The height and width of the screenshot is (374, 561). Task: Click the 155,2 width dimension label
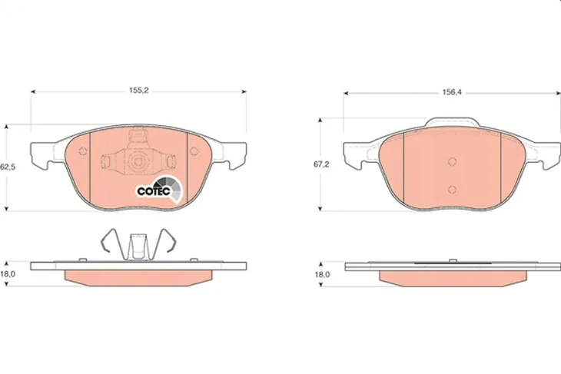click(139, 91)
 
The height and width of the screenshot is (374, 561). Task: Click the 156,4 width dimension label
click(452, 92)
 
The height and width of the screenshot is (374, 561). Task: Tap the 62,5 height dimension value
click(8, 167)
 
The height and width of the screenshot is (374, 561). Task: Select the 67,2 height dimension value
click(321, 164)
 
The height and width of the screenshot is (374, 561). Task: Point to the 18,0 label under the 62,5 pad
click(8, 274)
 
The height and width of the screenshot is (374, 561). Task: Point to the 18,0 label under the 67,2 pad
click(322, 275)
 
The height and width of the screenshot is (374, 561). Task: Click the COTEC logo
click(160, 190)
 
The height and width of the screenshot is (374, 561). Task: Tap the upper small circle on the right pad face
click(452, 161)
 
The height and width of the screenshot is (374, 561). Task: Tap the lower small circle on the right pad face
click(452, 190)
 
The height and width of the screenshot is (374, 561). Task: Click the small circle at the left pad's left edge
click(83, 151)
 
